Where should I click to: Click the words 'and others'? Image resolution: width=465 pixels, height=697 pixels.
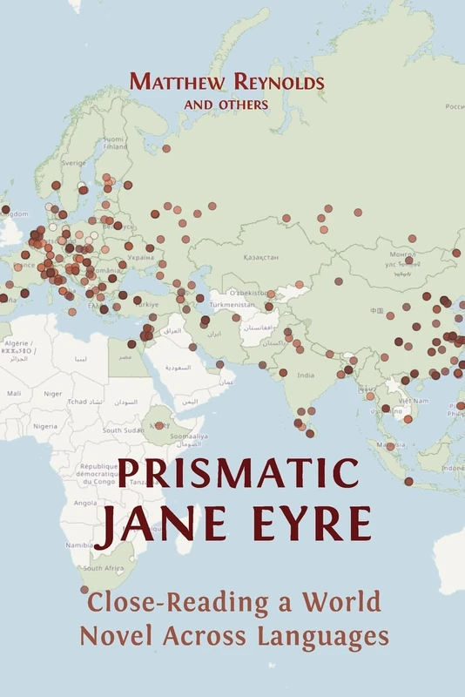point(225,104)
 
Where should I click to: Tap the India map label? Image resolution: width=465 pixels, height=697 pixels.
point(305,376)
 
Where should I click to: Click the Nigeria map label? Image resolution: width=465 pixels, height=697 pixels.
point(45,426)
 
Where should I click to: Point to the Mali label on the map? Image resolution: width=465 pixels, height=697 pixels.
point(14,394)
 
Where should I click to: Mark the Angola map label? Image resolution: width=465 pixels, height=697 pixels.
point(85,503)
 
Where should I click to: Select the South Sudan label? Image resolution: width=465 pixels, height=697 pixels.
point(123,430)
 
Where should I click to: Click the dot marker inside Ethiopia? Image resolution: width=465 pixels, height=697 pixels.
point(158,426)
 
